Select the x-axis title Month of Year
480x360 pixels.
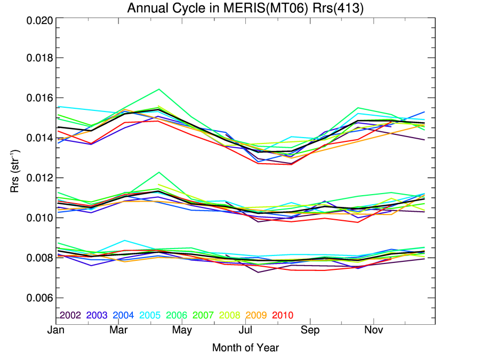pyautogui.click(x=245, y=348)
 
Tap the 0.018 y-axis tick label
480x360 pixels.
pyautogui.click(x=39, y=58)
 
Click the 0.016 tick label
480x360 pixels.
pyautogui.click(x=39, y=98)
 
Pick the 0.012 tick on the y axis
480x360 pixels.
pyautogui.click(x=39, y=178)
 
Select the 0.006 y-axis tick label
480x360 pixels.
pyautogui.click(x=39, y=298)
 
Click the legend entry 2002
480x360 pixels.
pyautogui.click(x=69, y=315)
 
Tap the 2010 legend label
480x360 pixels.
pyautogui.click(x=283, y=315)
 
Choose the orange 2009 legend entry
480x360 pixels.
pyautogui.click(x=256, y=315)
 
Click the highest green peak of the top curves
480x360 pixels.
pyautogui.click(x=159, y=89)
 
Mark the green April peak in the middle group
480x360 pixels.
pyautogui.click(x=159, y=172)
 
